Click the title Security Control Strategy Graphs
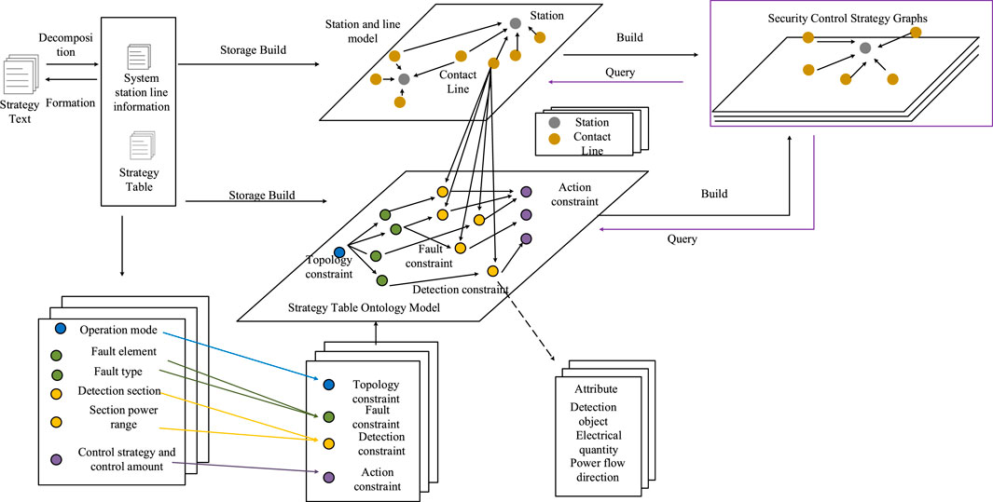click(x=847, y=18)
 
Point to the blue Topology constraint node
click(x=339, y=252)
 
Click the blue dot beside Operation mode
click(x=61, y=329)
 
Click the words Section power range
click(x=122, y=417)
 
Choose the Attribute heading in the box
click(x=596, y=389)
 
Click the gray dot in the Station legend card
click(x=554, y=122)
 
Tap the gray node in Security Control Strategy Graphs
click(x=866, y=47)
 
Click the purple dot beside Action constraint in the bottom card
click(x=328, y=477)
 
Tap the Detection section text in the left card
click(x=119, y=390)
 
